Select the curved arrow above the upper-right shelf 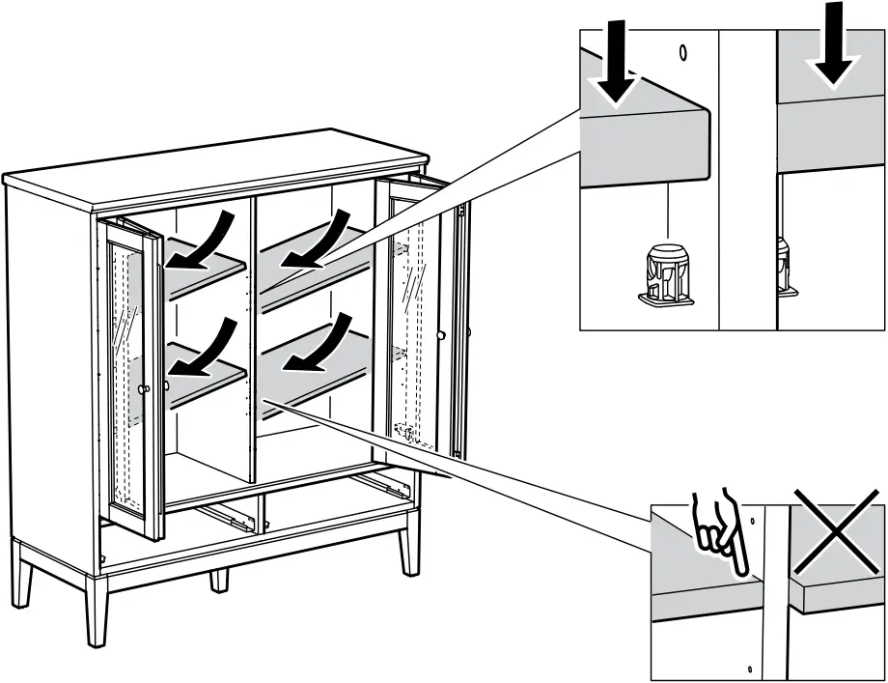pos(323,242)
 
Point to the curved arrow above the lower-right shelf pos(323,346)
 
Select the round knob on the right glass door pos(440,335)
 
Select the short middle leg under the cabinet pos(220,580)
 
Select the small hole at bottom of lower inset pos(750,668)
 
